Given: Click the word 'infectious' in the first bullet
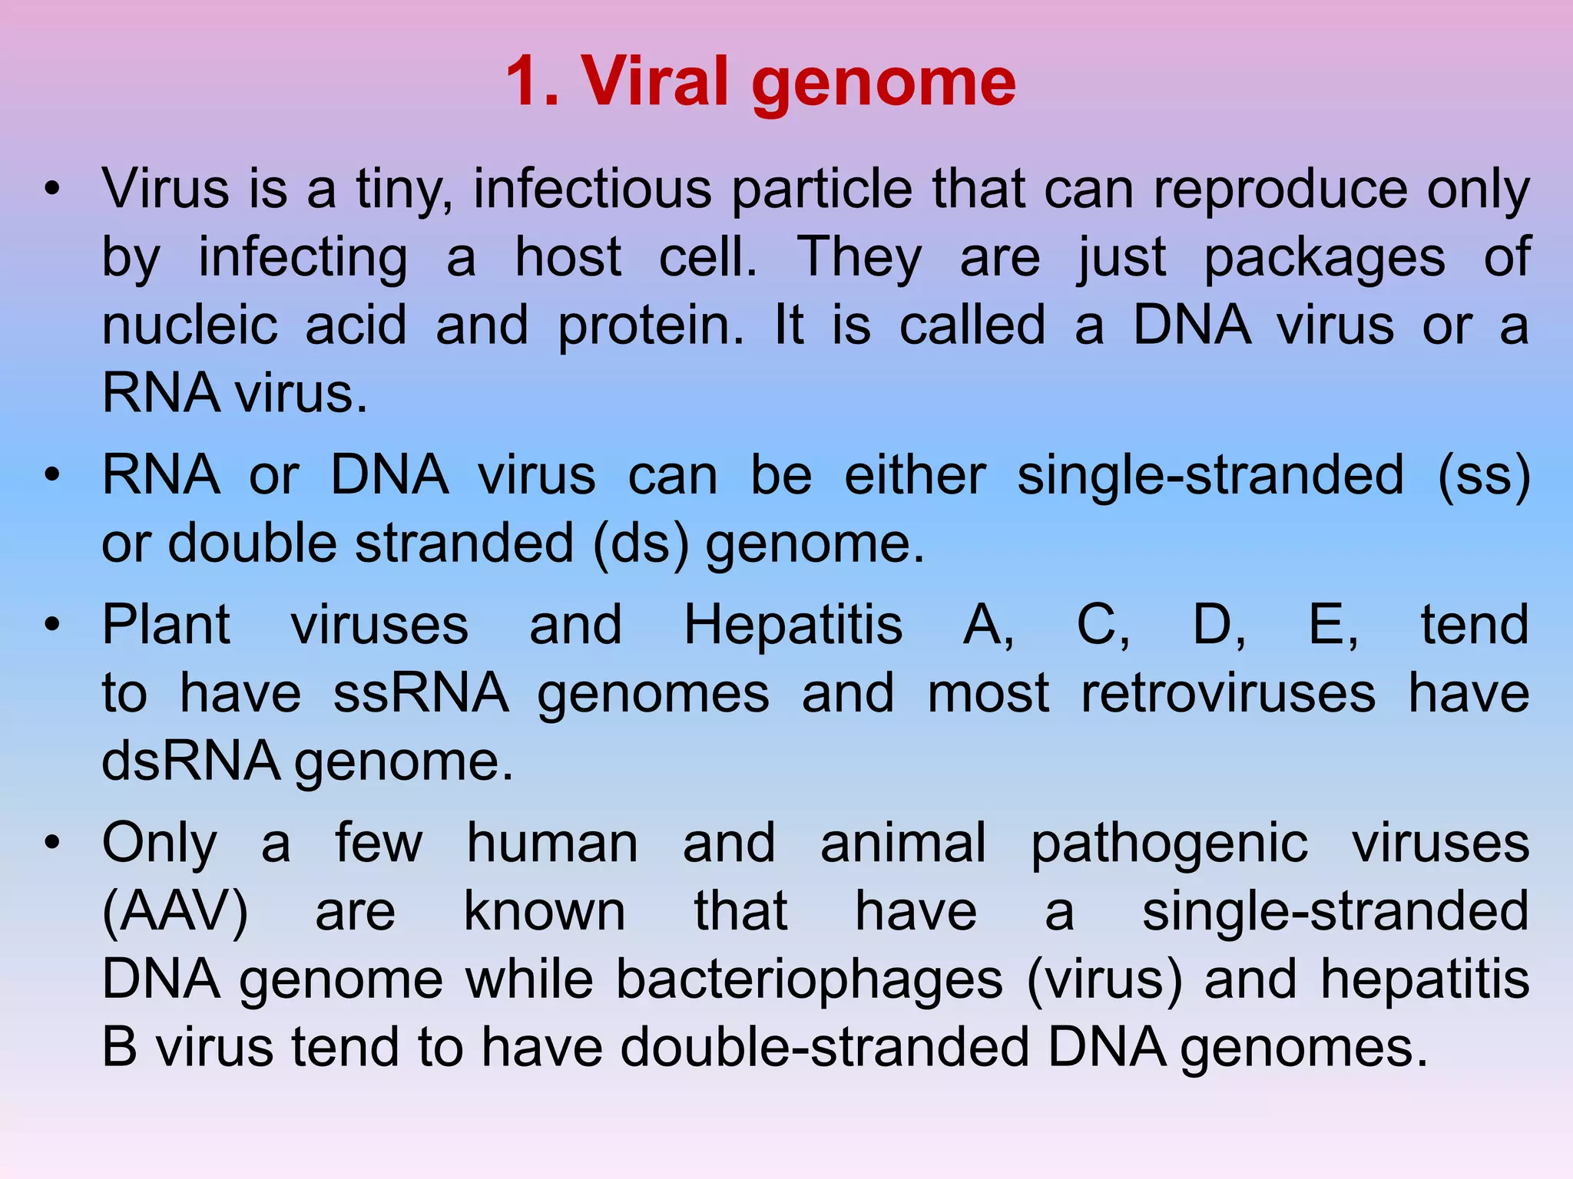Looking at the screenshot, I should (592, 189).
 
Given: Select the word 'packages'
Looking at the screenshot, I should (1325, 257).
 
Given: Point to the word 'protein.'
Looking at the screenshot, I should (651, 325).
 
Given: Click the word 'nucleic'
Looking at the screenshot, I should (190, 325).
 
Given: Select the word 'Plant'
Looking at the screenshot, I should (166, 625).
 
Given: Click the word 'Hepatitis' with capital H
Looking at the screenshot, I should (793, 625).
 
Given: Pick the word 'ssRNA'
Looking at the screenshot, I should (421, 693).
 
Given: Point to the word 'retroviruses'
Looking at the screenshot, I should (1228, 693).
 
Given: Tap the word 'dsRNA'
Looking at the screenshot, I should (190, 761).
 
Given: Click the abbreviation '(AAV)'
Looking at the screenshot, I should (175, 912).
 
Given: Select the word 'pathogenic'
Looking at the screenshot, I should (1169, 844).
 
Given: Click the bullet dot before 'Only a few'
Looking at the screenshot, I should (51, 844).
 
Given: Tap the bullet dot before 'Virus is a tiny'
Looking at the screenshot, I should (51, 189).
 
